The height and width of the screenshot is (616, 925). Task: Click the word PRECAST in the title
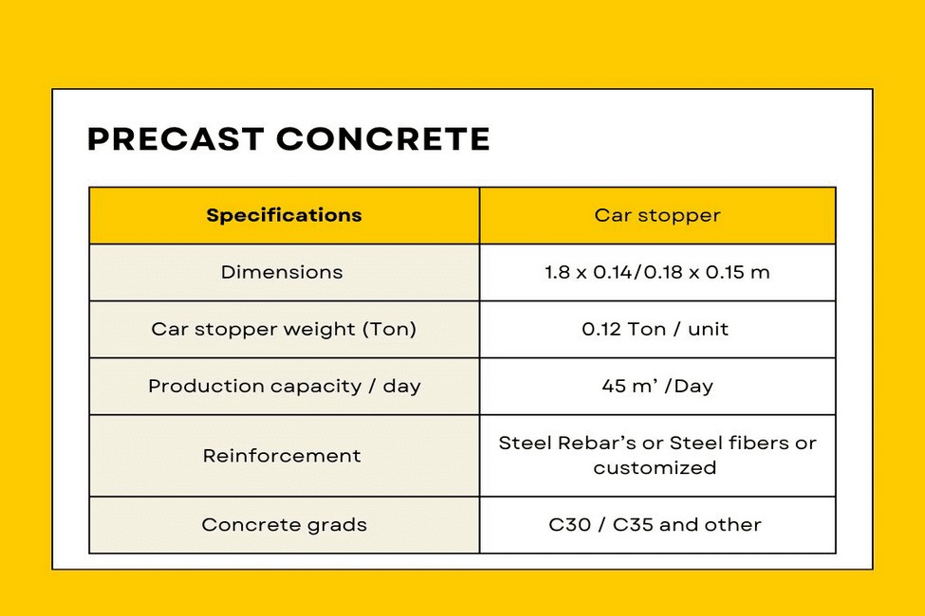coord(175,139)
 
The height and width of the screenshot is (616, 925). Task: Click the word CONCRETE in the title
coord(383,139)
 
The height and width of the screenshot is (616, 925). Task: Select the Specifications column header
coord(284,215)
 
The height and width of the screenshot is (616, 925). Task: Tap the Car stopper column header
coord(657,215)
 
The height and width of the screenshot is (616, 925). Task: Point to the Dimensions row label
coord(282,272)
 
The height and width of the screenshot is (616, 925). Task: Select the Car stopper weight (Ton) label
coord(283,329)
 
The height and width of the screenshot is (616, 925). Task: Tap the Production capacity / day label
coord(285,386)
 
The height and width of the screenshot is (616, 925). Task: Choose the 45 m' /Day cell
coord(657,386)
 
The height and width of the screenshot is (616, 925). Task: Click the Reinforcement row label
coord(282,456)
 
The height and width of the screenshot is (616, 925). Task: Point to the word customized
coord(655,467)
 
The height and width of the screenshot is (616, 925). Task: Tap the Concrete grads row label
coord(284,525)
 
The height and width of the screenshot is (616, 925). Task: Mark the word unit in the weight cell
coord(708,329)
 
